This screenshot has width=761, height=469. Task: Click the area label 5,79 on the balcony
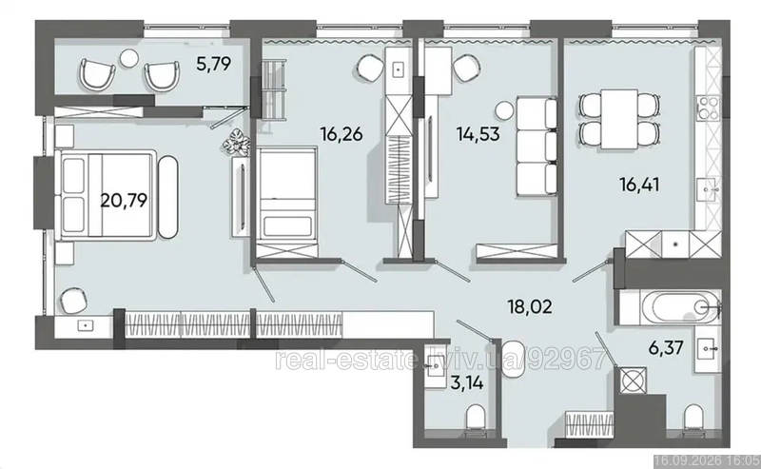tap(213, 64)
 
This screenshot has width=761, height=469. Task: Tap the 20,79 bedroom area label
tap(124, 200)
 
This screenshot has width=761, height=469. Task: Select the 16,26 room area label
tap(341, 133)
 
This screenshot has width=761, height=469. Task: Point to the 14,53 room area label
tap(478, 133)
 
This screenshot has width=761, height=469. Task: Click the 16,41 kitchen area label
tap(639, 185)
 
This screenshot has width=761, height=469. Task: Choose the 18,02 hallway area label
tap(530, 306)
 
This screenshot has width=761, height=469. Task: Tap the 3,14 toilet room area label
tap(467, 383)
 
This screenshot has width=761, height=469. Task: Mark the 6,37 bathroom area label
tap(666, 347)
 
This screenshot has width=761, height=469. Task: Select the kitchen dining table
tap(619, 119)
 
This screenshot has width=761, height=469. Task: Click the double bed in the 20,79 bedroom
tap(107, 195)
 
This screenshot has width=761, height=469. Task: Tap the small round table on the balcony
tap(129, 59)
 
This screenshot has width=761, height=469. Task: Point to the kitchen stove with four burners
tap(707, 107)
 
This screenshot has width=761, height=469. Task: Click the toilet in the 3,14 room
tap(476, 418)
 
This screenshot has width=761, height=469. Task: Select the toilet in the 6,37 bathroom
tap(693, 417)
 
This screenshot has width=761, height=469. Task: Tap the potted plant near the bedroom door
tap(236, 142)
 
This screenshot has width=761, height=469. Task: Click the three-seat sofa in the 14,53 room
tap(537, 147)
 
